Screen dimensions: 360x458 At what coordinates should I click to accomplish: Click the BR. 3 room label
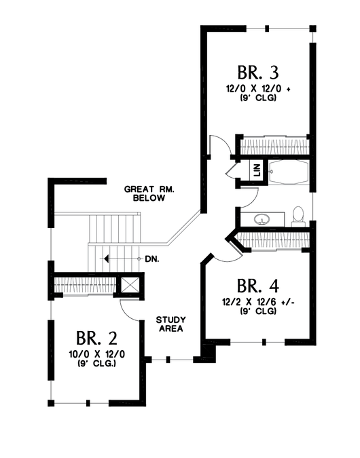click(x=258, y=73)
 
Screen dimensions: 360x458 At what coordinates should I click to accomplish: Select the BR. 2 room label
click(x=97, y=339)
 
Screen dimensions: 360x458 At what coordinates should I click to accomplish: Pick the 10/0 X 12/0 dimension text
click(x=97, y=354)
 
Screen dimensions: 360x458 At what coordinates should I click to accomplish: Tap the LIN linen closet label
click(x=257, y=170)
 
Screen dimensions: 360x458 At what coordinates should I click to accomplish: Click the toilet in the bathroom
click(x=298, y=216)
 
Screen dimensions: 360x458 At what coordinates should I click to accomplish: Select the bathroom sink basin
click(x=261, y=218)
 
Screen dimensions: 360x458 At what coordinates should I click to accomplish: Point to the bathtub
click(x=289, y=172)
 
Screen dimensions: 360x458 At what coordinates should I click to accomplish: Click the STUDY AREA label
click(x=170, y=324)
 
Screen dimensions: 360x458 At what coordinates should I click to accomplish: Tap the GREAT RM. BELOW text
click(x=149, y=193)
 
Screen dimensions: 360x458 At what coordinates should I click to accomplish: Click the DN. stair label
click(x=152, y=259)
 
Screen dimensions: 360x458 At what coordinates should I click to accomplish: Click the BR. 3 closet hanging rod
click(x=275, y=145)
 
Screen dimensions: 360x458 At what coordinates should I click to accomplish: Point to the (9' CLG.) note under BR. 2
click(x=97, y=364)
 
